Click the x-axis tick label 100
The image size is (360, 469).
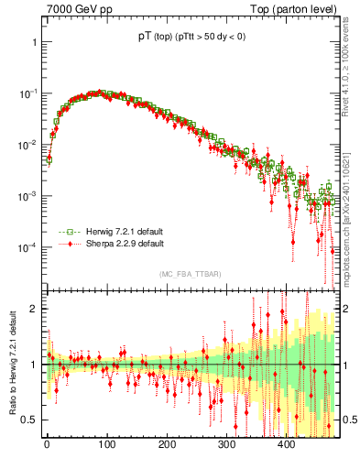pyautogui.click(x=106, y=444)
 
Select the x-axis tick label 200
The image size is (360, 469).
pyautogui.click(x=167, y=444)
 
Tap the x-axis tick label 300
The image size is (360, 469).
pyautogui.click(x=226, y=444)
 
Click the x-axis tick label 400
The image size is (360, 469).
pyautogui.click(x=287, y=444)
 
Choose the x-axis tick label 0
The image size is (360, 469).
pyautogui.click(x=47, y=444)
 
